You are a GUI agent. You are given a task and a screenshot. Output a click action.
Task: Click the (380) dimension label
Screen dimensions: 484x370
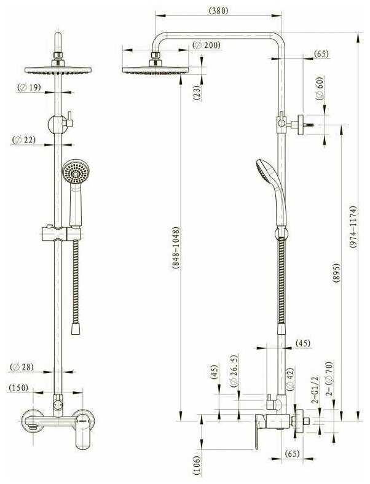218,10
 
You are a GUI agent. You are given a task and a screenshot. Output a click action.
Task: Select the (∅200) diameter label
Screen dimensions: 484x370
207,45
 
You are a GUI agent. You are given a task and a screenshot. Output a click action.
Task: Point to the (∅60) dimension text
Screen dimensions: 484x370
319,90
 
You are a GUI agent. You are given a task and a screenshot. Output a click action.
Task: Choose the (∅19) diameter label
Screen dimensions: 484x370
29,88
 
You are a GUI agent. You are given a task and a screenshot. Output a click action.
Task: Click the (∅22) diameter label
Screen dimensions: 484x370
24,140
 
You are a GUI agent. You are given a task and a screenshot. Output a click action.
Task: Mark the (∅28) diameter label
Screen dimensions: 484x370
22,367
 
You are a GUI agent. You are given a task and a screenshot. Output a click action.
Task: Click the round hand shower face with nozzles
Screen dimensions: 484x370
74,173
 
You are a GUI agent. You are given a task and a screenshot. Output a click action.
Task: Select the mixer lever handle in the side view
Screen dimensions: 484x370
259,432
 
